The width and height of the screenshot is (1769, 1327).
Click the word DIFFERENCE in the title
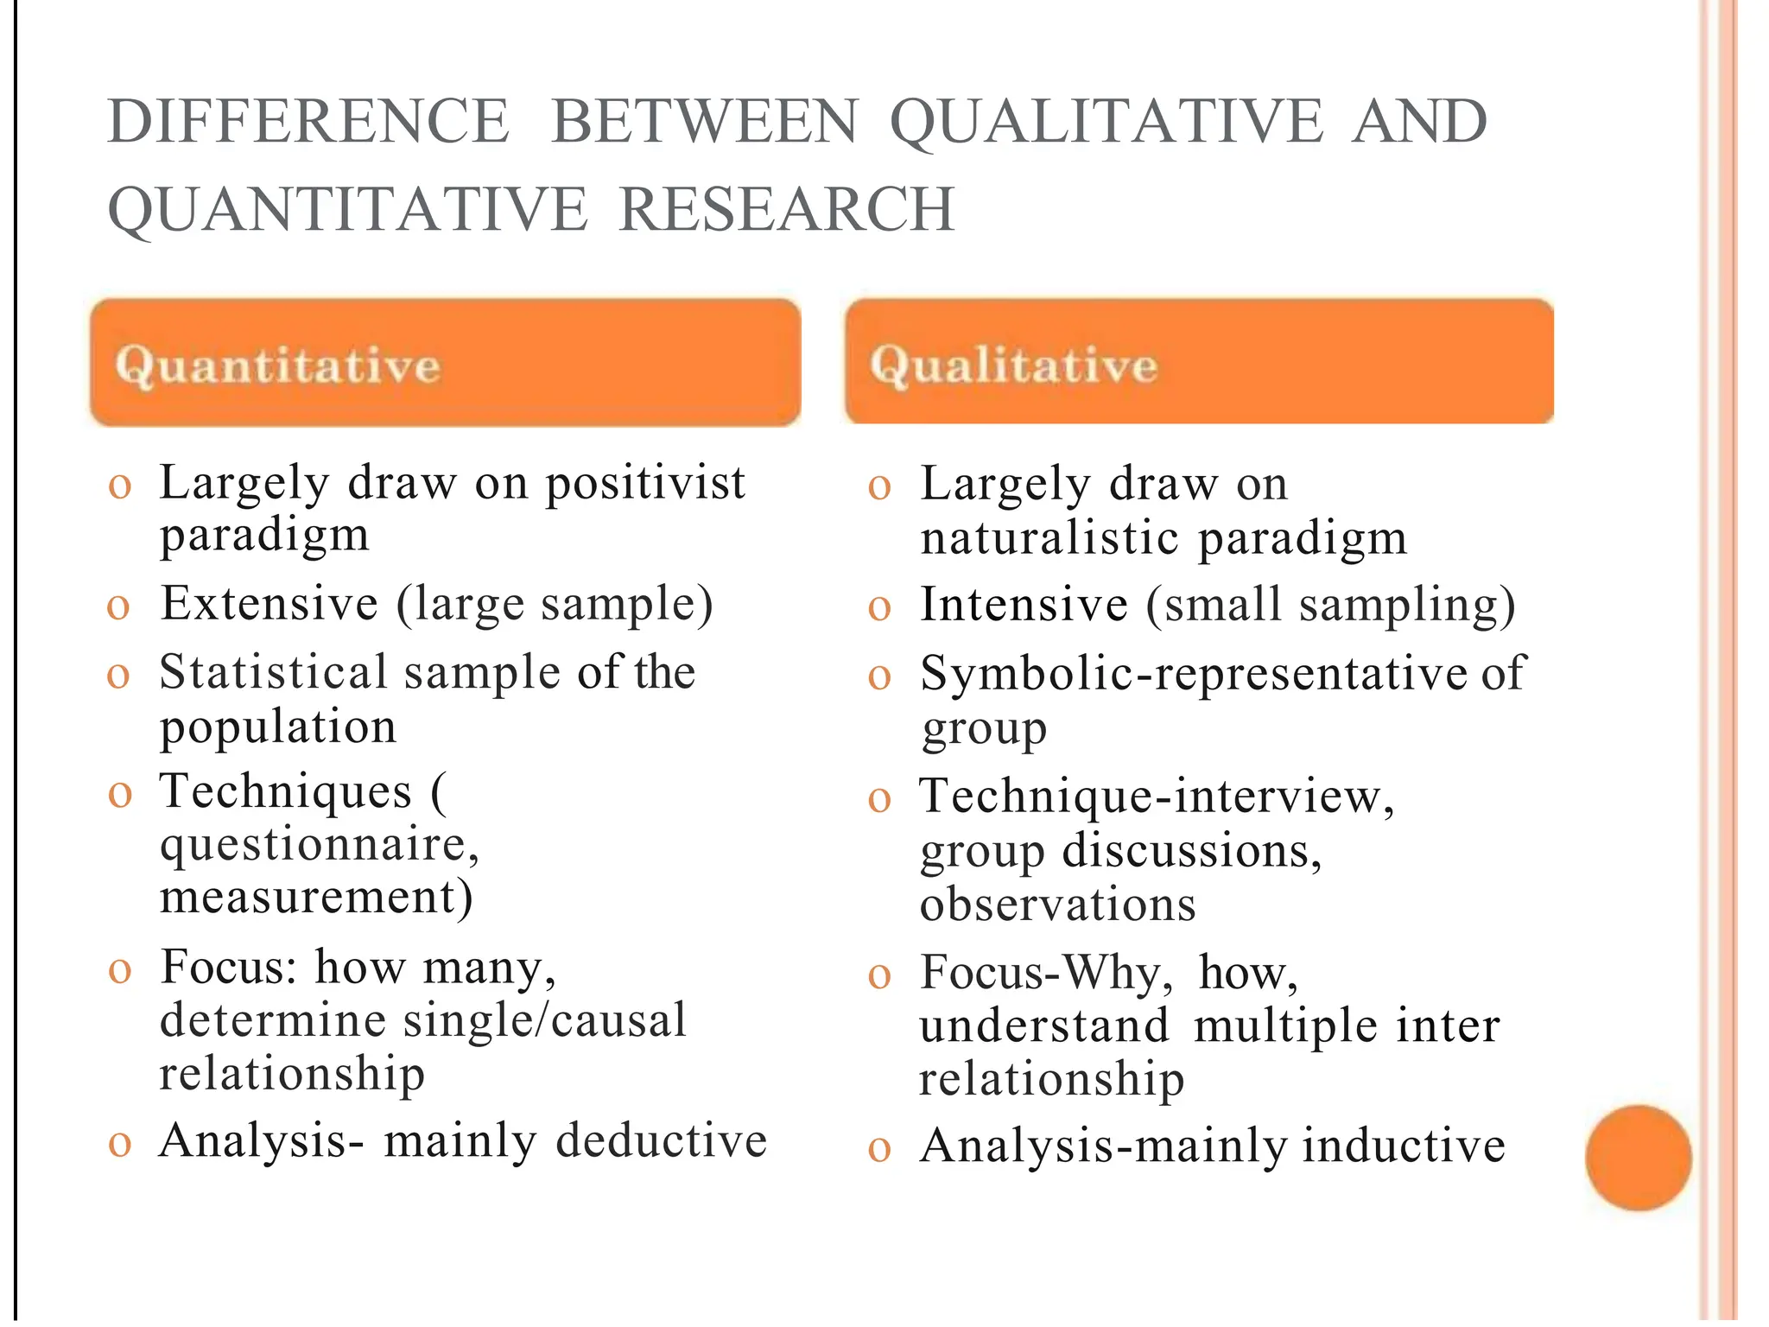[x=308, y=122]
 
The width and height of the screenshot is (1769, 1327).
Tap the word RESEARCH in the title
[x=787, y=210]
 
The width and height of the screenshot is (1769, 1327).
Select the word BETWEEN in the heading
[x=704, y=122]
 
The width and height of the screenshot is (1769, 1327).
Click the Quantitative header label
[x=278, y=365]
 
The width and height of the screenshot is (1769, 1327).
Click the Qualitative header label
[x=1013, y=365]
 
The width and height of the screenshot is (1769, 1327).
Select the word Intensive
[x=1024, y=604]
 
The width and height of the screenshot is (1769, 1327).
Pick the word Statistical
[x=274, y=672]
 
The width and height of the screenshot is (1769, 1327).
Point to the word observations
[x=1057, y=905]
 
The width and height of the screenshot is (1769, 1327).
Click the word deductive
[x=662, y=1140]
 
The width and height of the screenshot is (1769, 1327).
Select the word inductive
[x=1404, y=1146]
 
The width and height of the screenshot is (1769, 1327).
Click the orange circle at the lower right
[x=1638, y=1158]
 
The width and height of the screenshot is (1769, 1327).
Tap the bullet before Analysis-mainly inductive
[x=879, y=1150]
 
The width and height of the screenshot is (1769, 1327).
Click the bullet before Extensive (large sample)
[x=118, y=607]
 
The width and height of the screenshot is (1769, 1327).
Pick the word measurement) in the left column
[x=316, y=897]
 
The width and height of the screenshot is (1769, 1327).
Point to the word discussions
[x=1191, y=851]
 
